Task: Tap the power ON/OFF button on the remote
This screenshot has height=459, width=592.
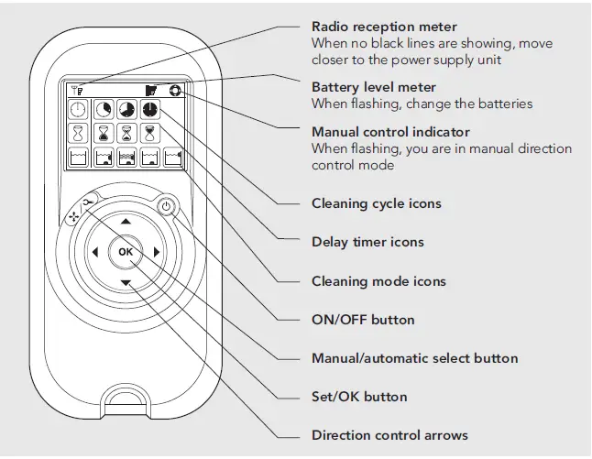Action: (x=166, y=206)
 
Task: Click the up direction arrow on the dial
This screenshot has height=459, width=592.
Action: (x=126, y=222)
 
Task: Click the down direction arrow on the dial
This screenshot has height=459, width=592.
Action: (x=126, y=283)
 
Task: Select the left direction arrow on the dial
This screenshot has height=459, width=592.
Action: (x=94, y=252)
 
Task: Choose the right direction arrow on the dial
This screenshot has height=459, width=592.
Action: (x=157, y=252)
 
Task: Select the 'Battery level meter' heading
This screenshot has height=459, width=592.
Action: (x=374, y=87)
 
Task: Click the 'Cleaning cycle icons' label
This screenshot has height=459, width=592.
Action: (x=376, y=203)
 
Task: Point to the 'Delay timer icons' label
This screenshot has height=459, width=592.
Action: (x=367, y=242)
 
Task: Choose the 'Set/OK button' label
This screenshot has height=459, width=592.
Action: (x=359, y=397)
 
